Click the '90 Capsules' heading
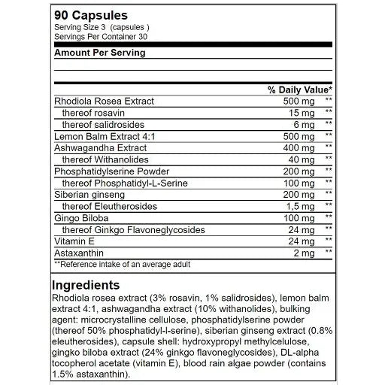[x=90, y=15]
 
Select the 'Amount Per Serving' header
[x=100, y=53]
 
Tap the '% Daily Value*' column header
[x=299, y=89]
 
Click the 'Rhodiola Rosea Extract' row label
[x=104, y=101]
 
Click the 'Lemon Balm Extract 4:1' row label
[x=104, y=136]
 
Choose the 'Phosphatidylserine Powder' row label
[x=111, y=171]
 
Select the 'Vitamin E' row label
[x=73, y=241]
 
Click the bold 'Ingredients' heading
[x=86, y=285]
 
